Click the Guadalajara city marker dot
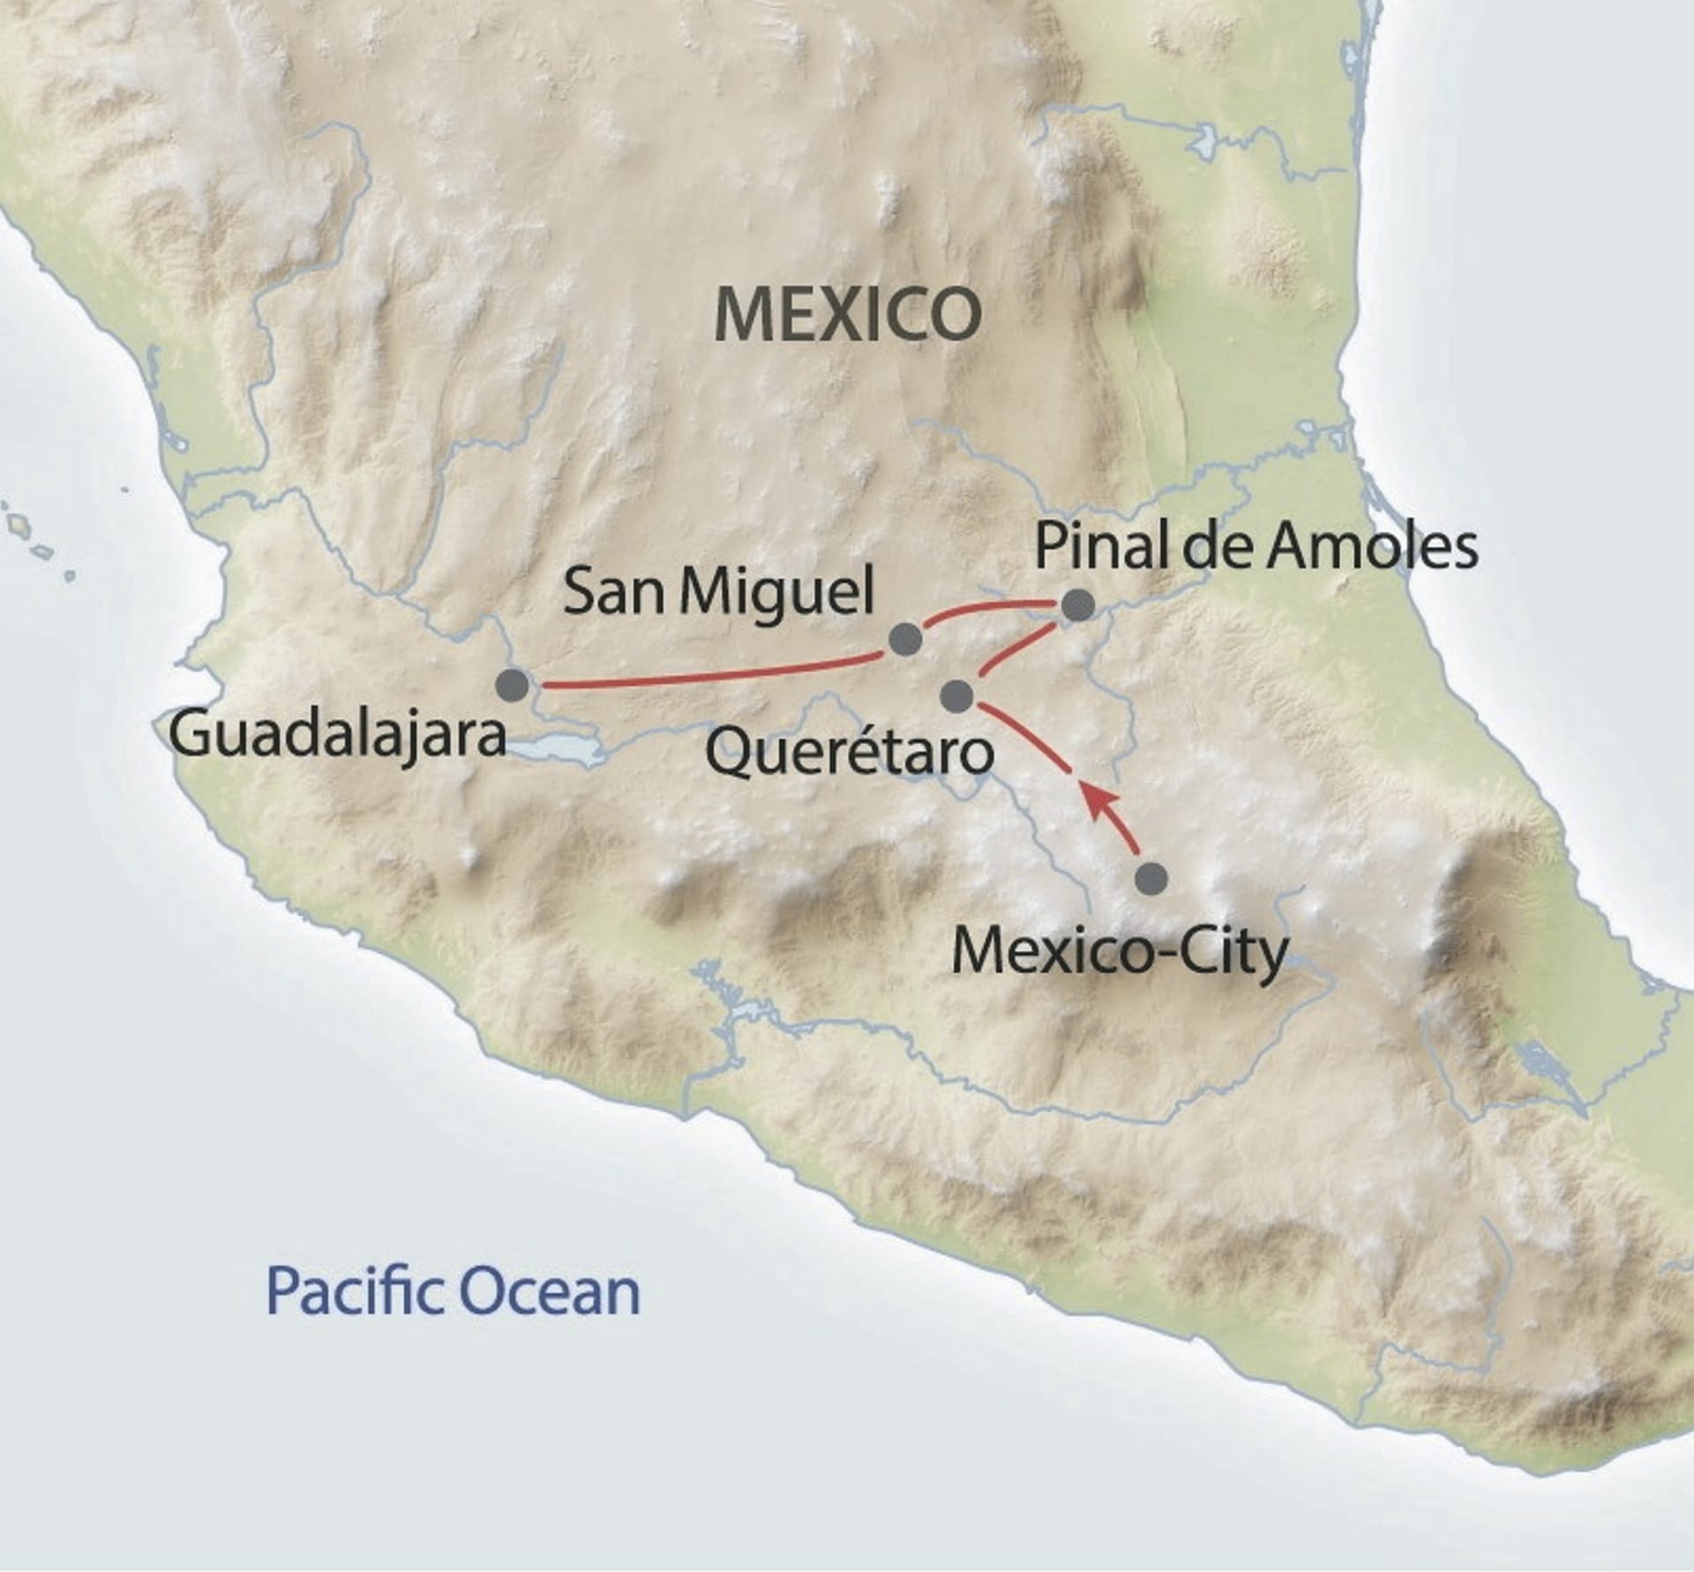tap(513, 685)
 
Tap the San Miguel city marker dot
tap(905, 639)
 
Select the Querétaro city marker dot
tap(956, 696)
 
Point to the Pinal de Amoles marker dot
tap(1077, 605)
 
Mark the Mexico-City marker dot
tap(1151, 879)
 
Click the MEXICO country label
tap(847, 315)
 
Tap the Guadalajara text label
tap(337, 737)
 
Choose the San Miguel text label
tap(718, 592)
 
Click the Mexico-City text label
tap(1119, 954)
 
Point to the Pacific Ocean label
tap(453, 1292)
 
